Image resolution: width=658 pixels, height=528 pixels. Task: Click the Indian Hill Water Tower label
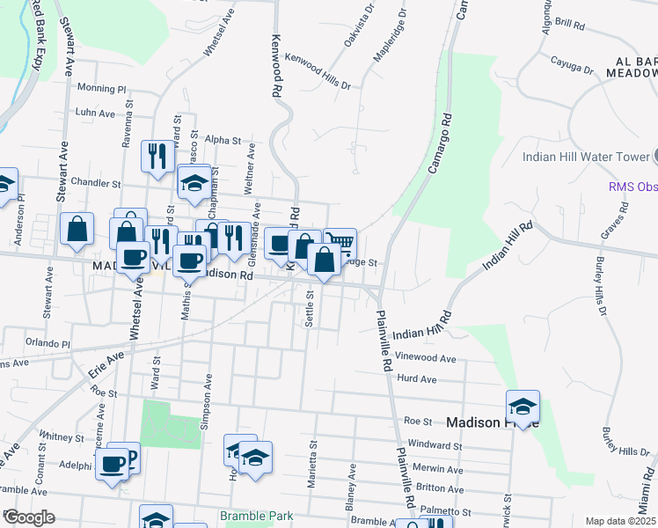coord(585,157)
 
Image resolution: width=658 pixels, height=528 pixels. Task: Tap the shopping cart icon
coord(340,242)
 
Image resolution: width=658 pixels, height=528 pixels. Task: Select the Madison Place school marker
coord(523,407)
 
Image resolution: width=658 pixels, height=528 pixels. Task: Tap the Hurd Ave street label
coord(417,379)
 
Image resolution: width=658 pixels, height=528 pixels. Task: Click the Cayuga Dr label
coord(572,62)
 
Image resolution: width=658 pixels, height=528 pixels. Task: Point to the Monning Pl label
coord(102,88)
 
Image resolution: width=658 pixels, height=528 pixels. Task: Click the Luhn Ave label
coord(95,113)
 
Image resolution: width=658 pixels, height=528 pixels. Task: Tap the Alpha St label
coord(223,139)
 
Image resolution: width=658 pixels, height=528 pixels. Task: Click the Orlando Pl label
coord(47,343)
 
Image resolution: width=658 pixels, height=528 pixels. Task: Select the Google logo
coord(29,517)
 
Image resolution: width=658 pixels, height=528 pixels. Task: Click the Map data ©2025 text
coord(621,521)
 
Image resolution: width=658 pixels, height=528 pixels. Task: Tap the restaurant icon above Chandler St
coord(157,157)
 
